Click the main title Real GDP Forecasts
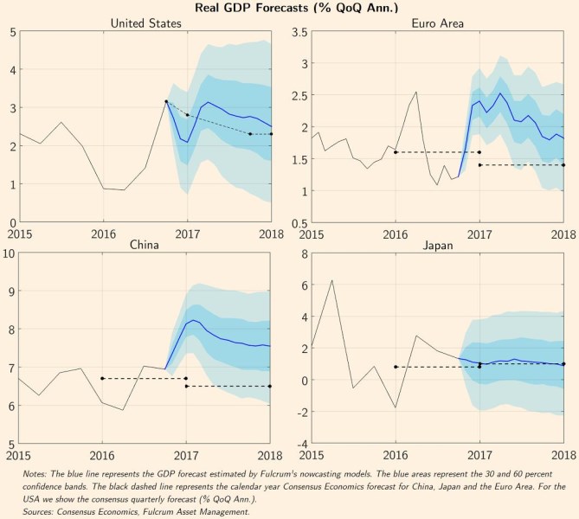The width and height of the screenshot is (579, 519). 289,9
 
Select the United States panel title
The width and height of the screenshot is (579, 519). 145,23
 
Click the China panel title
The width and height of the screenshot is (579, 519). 145,245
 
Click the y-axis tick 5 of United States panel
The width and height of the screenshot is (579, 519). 11,32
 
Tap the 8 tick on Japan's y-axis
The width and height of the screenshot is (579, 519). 303,253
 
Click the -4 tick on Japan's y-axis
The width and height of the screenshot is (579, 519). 300,444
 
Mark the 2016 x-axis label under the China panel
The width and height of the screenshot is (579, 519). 103,453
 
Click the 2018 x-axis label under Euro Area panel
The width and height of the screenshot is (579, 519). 563,233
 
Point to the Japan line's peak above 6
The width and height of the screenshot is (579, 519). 331,280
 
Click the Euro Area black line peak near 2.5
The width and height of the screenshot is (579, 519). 416,92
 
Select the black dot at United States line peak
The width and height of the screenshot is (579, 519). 166,101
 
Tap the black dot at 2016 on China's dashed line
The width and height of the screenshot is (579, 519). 103,378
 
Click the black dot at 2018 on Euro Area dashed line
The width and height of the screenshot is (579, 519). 563,164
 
